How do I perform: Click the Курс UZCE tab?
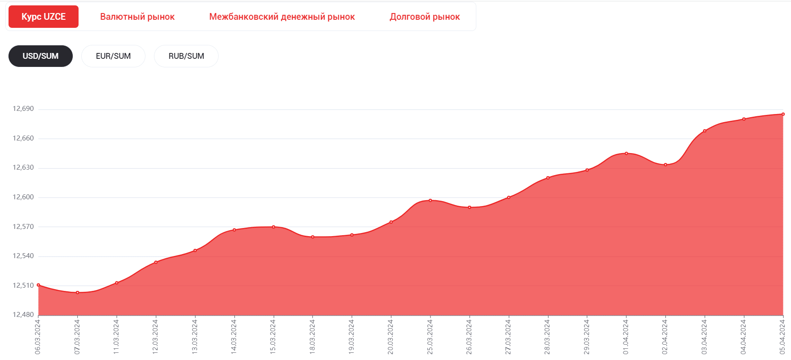[44, 17]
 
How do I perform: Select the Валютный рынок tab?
[137, 17]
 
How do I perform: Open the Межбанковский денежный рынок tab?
[282, 17]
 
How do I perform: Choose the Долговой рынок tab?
[425, 17]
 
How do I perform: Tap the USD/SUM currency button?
[40, 56]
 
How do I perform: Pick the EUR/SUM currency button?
[113, 56]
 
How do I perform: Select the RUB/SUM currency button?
[186, 56]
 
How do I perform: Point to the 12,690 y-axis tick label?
[23, 109]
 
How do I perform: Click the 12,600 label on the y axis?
[23, 197]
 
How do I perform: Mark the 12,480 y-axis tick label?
[23, 315]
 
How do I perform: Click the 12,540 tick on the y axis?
[23, 256]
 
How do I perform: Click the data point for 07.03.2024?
[78, 293]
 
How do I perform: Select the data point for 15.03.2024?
[273, 227]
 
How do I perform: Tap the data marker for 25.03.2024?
[431, 200]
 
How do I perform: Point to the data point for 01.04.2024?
[626, 154]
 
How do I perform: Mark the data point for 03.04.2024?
[705, 131]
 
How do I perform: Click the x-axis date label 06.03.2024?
[38, 336]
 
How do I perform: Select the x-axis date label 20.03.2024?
[391, 336]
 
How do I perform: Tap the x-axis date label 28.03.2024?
[547, 336]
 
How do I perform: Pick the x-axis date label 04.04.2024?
[743, 336]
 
